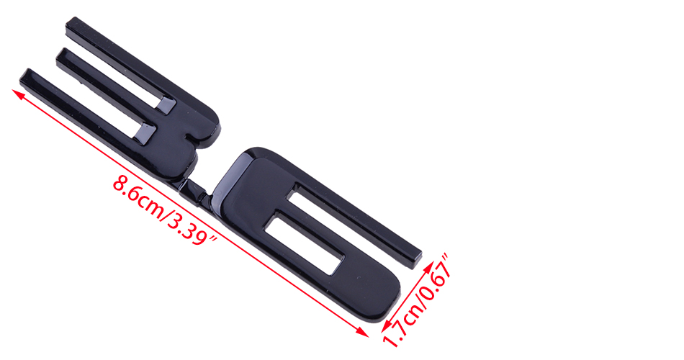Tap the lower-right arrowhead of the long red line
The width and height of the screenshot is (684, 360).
point(363,333)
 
